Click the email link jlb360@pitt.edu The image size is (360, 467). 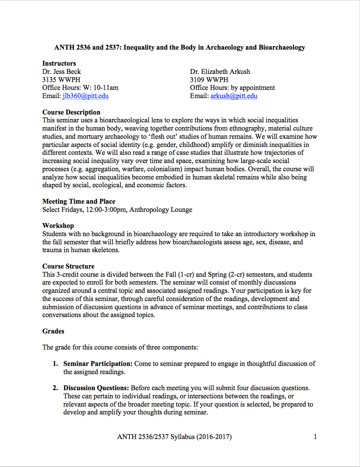pos(86,96)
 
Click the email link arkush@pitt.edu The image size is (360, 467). pos(234,96)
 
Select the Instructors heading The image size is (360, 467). pos(59,63)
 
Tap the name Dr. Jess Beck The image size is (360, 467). pos(61,72)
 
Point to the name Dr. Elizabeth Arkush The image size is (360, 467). pos(220,72)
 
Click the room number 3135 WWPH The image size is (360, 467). pos(61,80)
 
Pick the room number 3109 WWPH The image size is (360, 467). pos(209,80)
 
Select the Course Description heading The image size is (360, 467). pos(71,112)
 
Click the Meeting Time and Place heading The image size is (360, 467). pos(79,201)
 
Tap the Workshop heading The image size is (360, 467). pos(58,226)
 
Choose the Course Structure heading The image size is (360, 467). pos(68,266)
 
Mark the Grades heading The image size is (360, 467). pos(53,331)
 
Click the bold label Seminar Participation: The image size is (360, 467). pos(98,364)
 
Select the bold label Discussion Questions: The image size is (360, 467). pos(96,388)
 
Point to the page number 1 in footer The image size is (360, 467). pos(315,437)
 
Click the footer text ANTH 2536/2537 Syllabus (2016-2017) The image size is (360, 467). pos(174,437)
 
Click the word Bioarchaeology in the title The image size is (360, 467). pos(282,47)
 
